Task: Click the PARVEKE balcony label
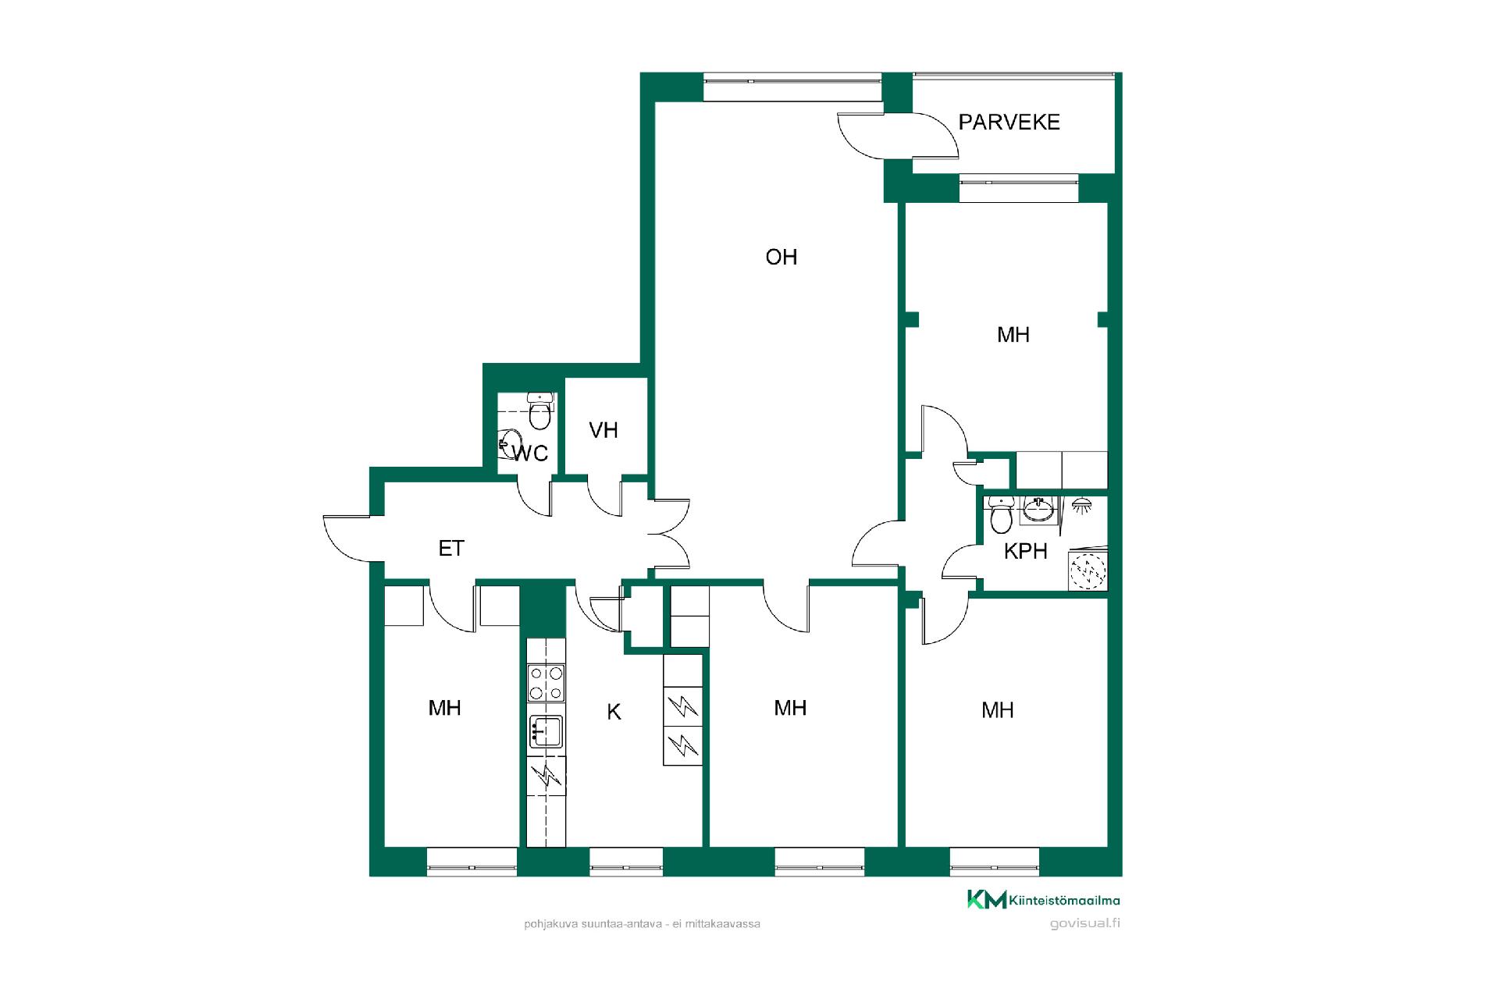click(x=1009, y=123)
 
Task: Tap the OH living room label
click(x=782, y=258)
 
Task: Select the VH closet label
click(x=604, y=430)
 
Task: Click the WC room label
click(x=530, y=453)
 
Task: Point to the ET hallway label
click(x=451, y=549)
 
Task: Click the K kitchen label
click(x=614, y=712)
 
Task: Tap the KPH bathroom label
click(x=1025, y=551)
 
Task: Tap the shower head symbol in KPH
click(x=1081, y=505)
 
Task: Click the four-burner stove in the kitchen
click(x=547, y=684)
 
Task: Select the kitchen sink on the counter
click(x=546, y=732)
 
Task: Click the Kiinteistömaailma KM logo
click(x=1043, y=900)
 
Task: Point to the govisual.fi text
click(x=1085, y=923)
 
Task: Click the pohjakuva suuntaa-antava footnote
click(x=643, y=924)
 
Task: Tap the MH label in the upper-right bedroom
click(x=1013, y=335)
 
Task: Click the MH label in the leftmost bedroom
click(x=445, y=708)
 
